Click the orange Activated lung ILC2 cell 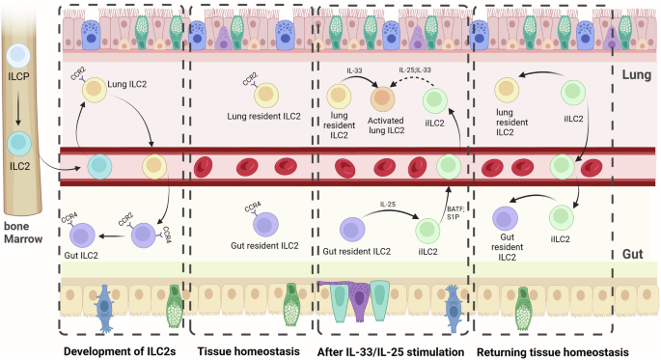point(383,99)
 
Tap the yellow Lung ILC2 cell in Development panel point(95,90)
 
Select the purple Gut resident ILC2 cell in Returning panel point(506,222)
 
